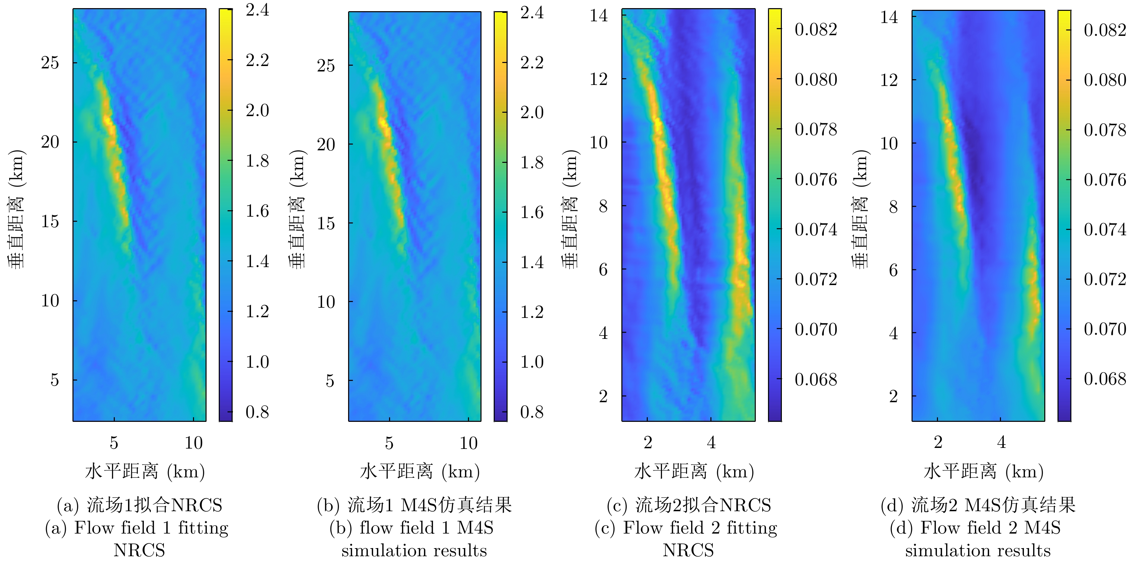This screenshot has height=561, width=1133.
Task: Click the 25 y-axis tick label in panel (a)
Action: click(50, 63)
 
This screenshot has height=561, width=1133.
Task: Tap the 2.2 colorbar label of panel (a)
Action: click(257, 60)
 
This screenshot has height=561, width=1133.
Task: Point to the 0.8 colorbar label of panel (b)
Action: click(532, 412)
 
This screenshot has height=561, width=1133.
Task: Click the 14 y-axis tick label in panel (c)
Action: click(599, 16)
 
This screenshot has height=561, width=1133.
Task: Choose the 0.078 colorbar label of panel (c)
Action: click(815, 129)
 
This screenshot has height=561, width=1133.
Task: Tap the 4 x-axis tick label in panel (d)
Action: click(1002, 442)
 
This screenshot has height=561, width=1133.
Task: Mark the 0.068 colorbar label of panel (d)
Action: click(1105, 379)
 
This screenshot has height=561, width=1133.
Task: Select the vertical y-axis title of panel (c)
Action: click(571, 209)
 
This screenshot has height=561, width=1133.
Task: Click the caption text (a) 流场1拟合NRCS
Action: click(140, 505)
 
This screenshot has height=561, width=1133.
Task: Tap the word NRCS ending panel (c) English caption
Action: click(688, 551)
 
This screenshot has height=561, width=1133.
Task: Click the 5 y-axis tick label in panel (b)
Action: click(330, 381)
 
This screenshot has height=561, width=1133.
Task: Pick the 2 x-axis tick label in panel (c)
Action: click(647, 442)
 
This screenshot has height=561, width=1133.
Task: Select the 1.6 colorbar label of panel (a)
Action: click(257, 211)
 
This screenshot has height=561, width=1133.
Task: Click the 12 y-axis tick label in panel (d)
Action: click(889, 80)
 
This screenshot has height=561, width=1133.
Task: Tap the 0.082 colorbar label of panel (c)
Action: click(815, 29)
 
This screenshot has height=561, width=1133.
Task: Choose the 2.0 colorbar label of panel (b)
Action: click(532, 112)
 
